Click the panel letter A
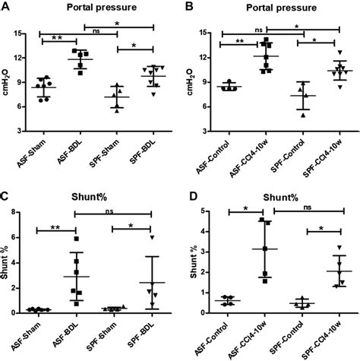coord(5,7)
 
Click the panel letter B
coord(188,7)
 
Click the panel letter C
coord(5,196)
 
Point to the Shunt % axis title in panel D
coord(194,270)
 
